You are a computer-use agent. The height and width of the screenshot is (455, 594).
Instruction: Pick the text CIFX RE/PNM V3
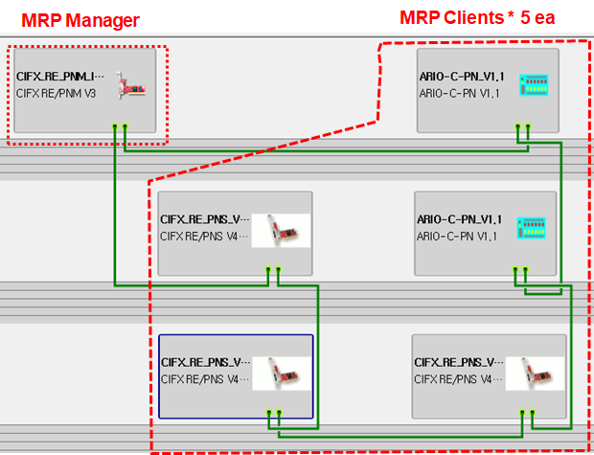[x=57, y=93]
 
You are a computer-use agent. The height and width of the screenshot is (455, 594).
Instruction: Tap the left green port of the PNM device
[x=114, y=126]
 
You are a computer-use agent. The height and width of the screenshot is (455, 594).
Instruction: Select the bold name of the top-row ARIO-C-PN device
[x=462, y=76]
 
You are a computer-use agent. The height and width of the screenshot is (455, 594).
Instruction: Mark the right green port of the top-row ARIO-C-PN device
[x=528, y=126]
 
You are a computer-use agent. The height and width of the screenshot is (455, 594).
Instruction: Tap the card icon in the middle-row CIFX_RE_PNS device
[x=281, y=231]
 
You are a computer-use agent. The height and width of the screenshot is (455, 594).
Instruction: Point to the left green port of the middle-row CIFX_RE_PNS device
[x=268, y=270]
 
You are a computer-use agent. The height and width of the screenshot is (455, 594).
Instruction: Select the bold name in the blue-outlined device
[x=205, y=363]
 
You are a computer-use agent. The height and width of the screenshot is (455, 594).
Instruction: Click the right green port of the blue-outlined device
[x=279, y=413]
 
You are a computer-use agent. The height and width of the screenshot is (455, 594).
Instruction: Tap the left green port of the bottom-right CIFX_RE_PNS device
[x=522, y=413]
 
